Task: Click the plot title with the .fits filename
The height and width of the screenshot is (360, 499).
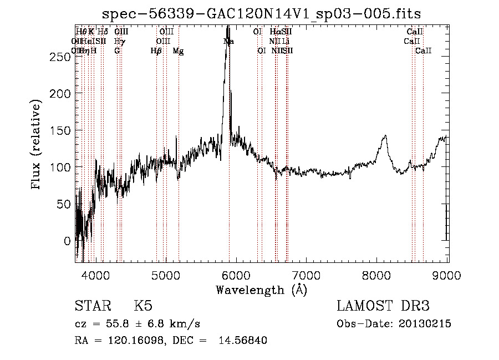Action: pyautogui.click(x=266, y=13)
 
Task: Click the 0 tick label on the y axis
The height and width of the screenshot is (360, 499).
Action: pyautogui.click(x=67, y=241)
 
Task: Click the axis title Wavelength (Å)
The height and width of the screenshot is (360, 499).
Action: pyautogui.click(x=261, y=290)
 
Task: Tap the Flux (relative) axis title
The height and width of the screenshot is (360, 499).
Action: pyautogui.click(x=37, y=145)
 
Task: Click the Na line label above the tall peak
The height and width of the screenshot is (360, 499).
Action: pyautogui.click(x=228, y=42)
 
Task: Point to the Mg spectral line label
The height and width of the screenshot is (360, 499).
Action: pyautogui.click(x=179, y=51)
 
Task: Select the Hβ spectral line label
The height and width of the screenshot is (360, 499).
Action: pyautogui.click(x=156, y=51)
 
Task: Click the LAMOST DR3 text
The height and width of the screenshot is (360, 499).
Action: pyautogui.click(x=383, y=307)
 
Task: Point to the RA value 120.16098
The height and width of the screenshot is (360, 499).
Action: pyautogui.click(x=138, y=341)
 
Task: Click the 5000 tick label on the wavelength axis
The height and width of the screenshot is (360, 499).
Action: pyautogui.click(x=166, y=275)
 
